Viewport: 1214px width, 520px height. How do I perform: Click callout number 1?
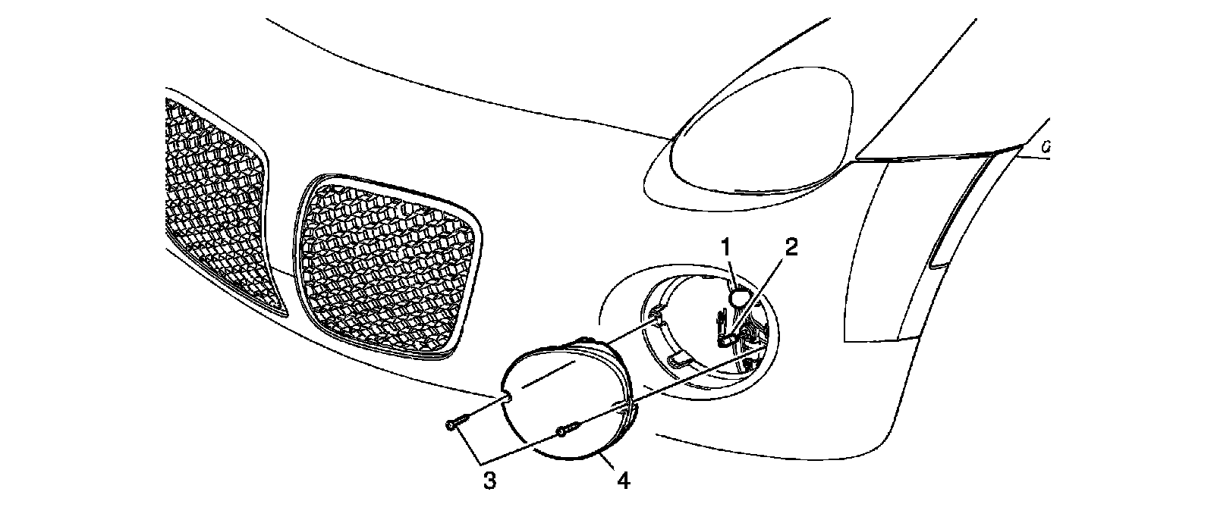pyautogui.click(x=726, y=246)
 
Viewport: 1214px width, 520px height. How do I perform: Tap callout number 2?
pyautogui.click(x=791, y=249)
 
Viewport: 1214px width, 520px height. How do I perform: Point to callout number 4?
pyautogui.click(x=624, y=480)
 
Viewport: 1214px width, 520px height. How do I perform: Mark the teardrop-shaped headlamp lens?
pyautogui.click(x=759, y=144)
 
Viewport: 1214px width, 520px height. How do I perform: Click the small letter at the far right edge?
pyautogui.click(x=1046, y=148)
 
